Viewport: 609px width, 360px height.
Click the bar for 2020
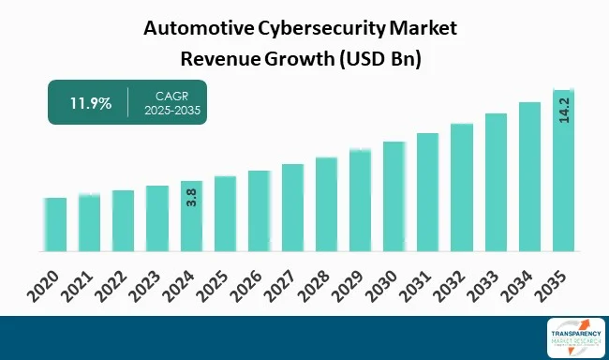point(55,224)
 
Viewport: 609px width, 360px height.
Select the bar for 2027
point(292,207)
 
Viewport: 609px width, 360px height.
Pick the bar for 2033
point(496,182)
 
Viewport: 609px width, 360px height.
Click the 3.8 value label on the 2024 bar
point(191,197)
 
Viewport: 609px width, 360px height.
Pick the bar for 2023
point(157,218)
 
